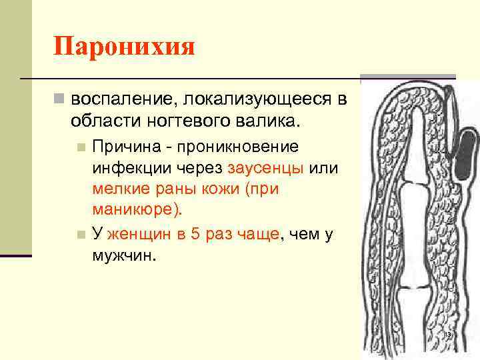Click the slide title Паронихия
click(x=124, y=47)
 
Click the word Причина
click(x=120, y=146)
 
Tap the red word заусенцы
click(x=265, y=169)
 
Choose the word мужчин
click(x=122, y=256)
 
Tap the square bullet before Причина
click(x=81, y=147)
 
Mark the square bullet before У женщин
click(x=81, y=235)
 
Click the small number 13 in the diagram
click(x=447, y=333)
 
